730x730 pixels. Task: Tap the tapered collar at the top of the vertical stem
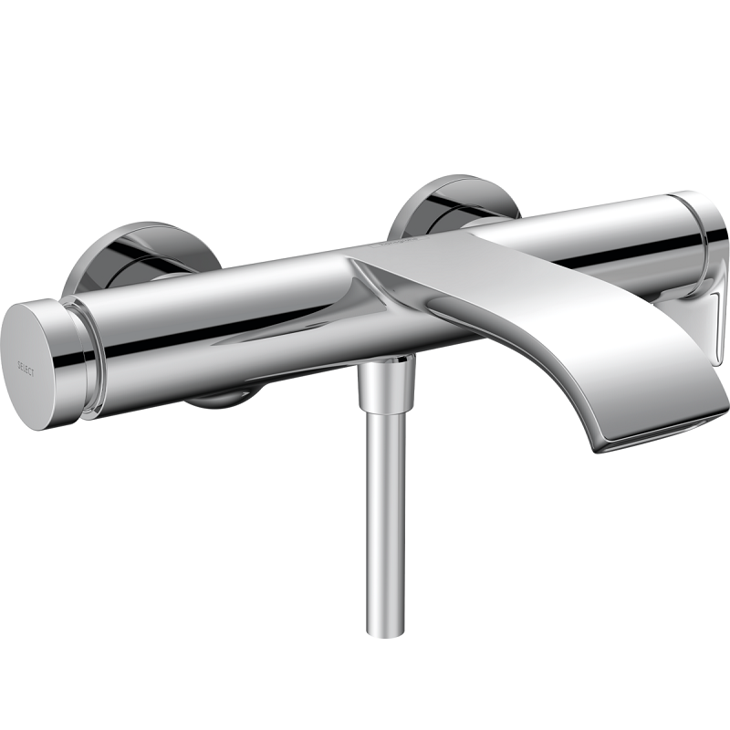[385, 383]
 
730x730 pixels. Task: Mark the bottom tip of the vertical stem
[386, 630]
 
